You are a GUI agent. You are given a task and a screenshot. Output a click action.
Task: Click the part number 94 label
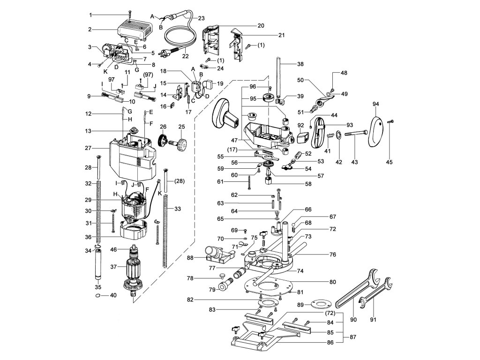point(375,104)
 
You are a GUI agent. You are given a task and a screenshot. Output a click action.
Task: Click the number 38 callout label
point(300,64)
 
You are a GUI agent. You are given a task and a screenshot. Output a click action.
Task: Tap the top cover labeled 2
point(135,31)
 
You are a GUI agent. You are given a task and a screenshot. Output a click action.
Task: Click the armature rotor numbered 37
point(134,270)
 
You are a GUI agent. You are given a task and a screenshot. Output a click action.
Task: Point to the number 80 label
point(333,282)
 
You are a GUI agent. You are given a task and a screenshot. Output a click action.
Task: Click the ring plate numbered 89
point(321,305)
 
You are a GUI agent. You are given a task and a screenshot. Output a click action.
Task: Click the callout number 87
point(353,337)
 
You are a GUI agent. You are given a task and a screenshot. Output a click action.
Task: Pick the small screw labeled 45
point(390,121)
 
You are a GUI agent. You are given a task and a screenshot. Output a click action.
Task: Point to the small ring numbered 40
point(97,296)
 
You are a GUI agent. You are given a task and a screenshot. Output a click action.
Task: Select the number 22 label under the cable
point(185,56)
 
